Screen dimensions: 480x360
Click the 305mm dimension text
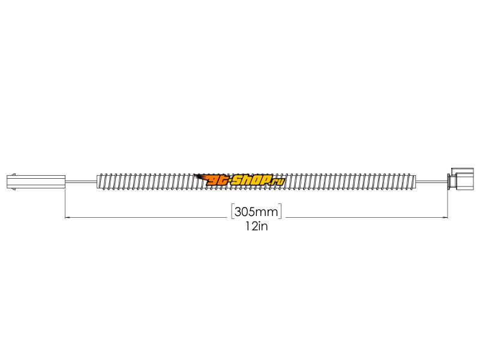(256, 212)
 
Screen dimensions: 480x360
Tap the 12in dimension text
(256, 226)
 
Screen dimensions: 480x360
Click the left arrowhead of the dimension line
(68, 217)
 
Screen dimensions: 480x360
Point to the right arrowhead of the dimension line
(445, 217)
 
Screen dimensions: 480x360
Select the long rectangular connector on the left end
(36, 182)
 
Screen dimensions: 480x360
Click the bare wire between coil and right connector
(431, 182)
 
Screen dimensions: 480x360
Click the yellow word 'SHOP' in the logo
(251, 180)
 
